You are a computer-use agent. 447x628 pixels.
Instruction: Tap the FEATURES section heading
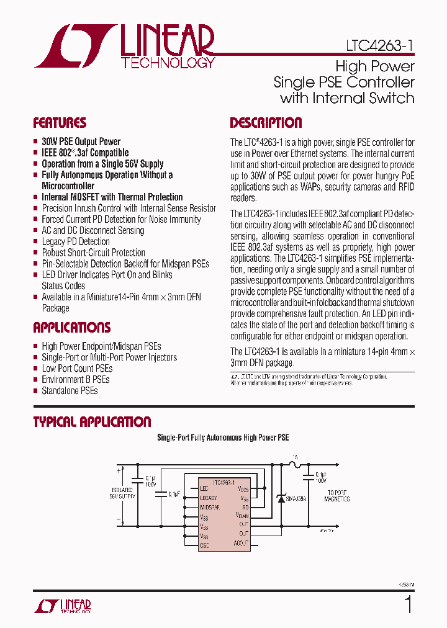(60, 123)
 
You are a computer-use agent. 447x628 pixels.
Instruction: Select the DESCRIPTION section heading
(266, 123)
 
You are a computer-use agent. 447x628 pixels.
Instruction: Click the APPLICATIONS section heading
(71, 328)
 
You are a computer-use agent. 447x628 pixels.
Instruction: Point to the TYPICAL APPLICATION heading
(92, 422)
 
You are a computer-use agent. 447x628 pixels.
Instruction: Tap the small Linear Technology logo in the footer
(63, 606)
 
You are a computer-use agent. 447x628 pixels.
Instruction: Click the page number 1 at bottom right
(408, 604)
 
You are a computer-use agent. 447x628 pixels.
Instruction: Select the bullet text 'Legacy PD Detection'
(76, 241)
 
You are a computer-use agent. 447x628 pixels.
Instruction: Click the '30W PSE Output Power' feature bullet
(81, 141)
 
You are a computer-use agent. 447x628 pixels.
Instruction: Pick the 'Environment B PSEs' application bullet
(76, 379)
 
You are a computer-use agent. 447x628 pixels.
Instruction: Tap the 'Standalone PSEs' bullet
(70, 390)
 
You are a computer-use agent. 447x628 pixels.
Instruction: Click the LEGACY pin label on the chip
(209, 498)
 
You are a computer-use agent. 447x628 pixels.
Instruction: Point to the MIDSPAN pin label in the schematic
(210, 507)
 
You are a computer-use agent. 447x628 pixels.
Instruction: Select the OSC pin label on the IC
(204, 545)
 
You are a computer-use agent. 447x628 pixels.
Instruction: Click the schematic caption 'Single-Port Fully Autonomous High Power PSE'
(223, 437)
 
